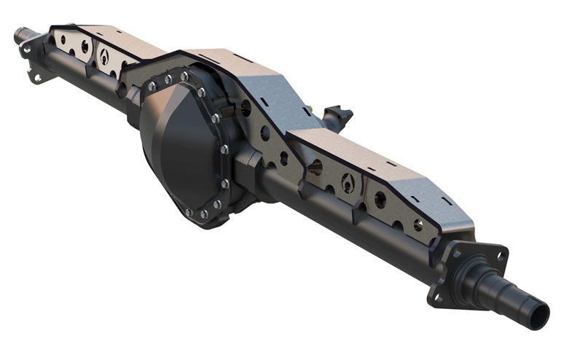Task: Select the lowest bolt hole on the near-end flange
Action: pos(437,297)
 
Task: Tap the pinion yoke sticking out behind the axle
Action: pos(340,115)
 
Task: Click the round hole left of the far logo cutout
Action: pos(85,47)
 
